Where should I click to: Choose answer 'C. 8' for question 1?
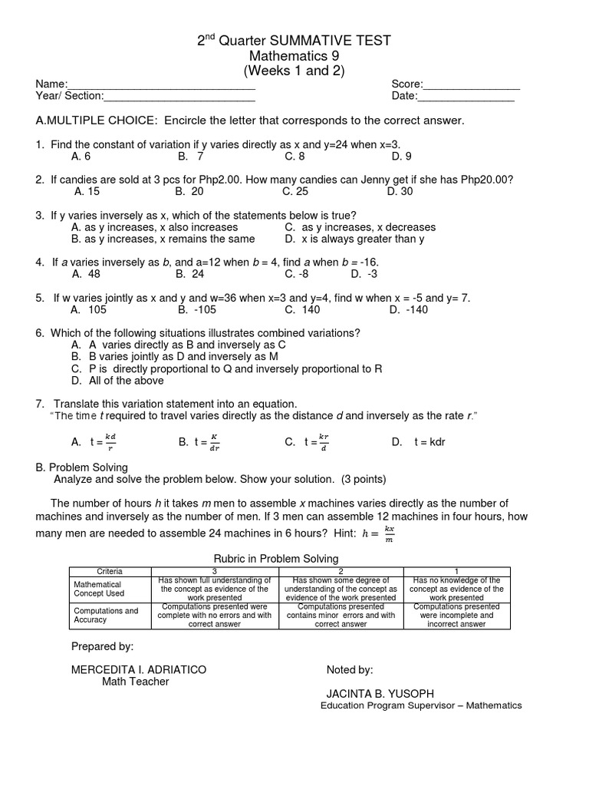coord(294,156)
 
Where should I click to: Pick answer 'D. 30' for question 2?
coord(400,191)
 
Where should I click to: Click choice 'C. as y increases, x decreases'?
coord(360,227)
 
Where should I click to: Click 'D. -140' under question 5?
coord(409,309)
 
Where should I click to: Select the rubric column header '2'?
coord(344,571)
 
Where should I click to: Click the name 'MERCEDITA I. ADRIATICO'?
coord(139,669)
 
